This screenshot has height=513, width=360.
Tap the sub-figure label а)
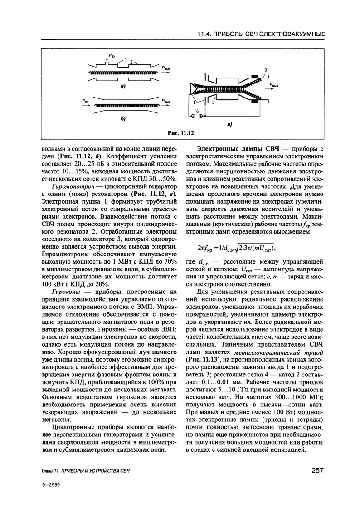pos(123,86)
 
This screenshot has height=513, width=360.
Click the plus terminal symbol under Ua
pos(201,117)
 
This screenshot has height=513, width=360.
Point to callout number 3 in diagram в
pos(265,69)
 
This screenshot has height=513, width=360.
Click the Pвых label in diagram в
pos(274,85)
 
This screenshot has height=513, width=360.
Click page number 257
pos(317,470)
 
